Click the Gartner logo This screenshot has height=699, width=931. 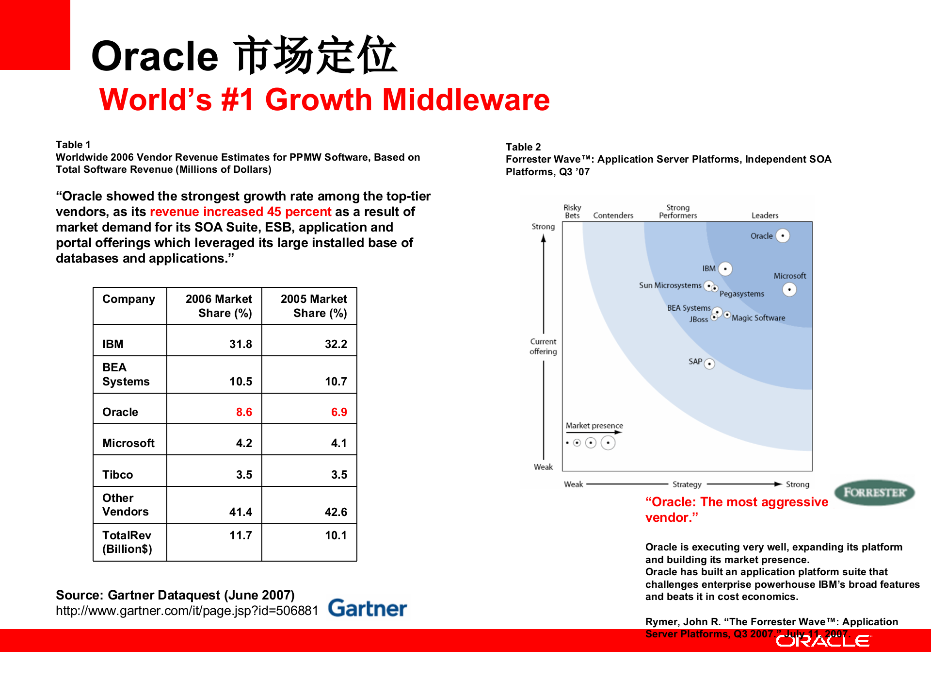(x=367, y=608)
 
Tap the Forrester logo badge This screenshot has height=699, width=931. (x=874, y=493)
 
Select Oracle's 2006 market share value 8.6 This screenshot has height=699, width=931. (x=244, y=412)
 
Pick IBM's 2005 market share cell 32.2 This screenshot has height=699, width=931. (x=336, y=344)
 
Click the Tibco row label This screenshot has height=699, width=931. (x=117, y=474)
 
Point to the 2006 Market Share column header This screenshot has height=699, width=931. (x=218, y=306)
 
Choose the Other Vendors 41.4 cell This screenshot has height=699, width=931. (x=241, y=512)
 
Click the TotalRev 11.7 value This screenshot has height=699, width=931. (x=241, y=535)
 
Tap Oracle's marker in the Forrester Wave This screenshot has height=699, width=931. (x=783, y=236)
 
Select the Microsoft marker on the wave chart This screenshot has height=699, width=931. (x=789, y=290)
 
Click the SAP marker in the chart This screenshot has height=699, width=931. (x=709, y=364)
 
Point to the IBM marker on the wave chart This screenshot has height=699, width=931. (x=725, y=269)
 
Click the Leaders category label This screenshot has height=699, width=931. (x=765, y=216)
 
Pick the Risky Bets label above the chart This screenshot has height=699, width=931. (x=572, y=212)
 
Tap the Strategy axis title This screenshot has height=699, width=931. (x=687, y=484)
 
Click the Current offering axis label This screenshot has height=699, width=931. (x=543, y=347)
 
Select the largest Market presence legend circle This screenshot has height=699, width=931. (x=608, y=443)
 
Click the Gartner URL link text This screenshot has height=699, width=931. (x=187, y=611)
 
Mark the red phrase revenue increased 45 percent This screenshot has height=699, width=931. (x=241, y=212)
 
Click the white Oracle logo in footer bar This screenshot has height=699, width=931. (x=823, y=641)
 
